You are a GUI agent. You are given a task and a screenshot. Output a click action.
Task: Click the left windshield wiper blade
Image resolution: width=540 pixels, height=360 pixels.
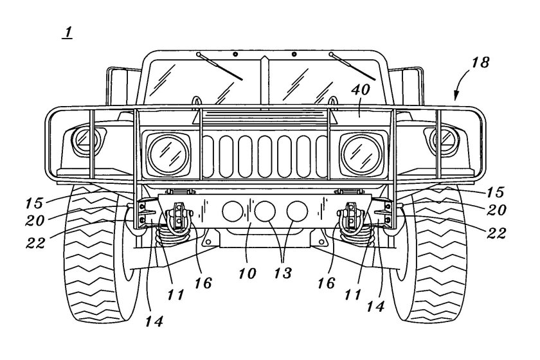(222, 66)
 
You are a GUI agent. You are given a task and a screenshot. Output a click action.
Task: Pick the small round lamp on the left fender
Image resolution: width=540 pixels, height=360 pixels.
(84, 138)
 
